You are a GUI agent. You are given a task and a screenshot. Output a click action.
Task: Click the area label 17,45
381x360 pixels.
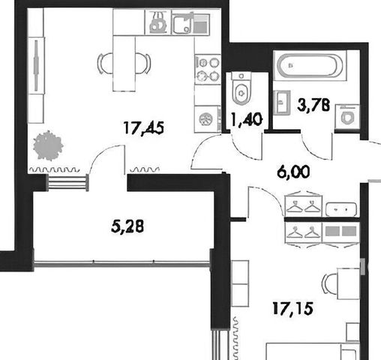[144, 128]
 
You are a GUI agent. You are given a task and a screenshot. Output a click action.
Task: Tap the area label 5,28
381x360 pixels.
[127, 226]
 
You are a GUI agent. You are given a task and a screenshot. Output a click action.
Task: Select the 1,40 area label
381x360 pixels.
[247, 119]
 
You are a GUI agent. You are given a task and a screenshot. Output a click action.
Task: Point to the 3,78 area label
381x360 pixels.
[313, 105]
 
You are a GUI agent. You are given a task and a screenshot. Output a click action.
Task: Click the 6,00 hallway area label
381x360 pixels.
[293, 172]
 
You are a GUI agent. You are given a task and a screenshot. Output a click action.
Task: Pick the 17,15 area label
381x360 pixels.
[292, 309]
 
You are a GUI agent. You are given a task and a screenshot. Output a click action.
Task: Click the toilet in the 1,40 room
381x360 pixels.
[241, 88]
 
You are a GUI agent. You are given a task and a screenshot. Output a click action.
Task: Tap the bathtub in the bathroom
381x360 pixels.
[308, 65]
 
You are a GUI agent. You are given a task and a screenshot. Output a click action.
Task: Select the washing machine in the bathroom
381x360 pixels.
[347, 117]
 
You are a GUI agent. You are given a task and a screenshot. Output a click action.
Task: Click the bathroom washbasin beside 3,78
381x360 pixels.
[282, 103]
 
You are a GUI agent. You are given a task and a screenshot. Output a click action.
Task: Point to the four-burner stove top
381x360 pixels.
[208, 69]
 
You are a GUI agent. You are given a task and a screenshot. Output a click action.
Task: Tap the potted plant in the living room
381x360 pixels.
[48, 145]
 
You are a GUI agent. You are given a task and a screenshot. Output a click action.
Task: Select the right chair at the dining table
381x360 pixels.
[143, 64]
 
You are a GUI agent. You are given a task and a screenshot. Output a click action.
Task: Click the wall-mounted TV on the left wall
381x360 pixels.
[36, 65]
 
